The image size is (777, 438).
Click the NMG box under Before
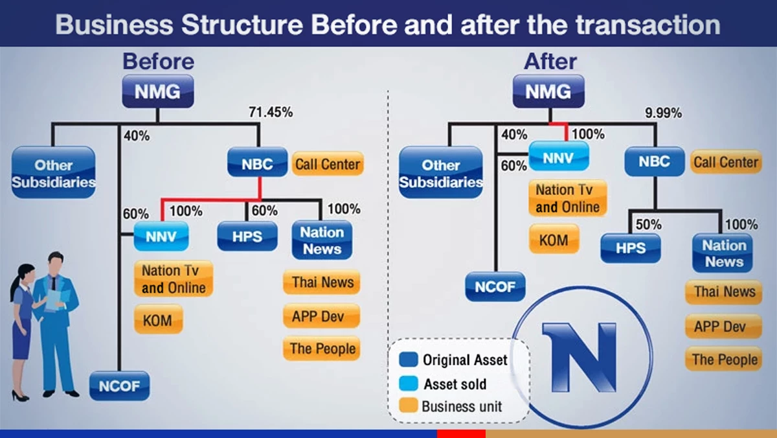[157, 91]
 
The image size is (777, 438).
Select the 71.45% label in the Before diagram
[271, 112]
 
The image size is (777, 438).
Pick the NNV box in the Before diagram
[161, 236]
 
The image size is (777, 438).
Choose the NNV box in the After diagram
[559, 156]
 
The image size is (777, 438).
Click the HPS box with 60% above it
[247, 236]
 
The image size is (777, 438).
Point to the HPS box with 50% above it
[630, 248]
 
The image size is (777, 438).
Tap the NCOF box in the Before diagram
[120, 387]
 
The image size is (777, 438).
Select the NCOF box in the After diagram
[495, 286]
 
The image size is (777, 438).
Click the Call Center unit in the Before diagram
[327, 164]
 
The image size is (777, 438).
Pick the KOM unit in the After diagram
[554, 240]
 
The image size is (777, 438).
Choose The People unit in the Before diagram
[322, 349]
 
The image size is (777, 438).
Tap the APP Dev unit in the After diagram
[723, 326]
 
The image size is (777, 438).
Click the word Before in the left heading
[158, 62]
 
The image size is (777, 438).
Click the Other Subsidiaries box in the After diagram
[440, 173]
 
